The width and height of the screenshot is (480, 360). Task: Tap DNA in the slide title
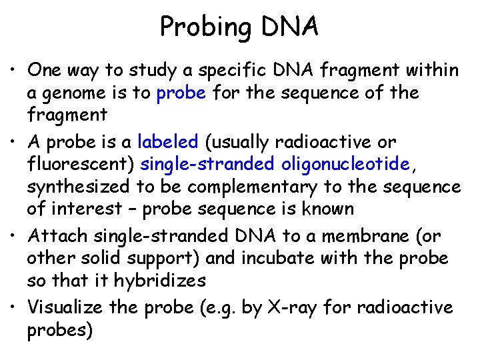290,27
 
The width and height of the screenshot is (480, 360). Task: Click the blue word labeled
167,143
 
